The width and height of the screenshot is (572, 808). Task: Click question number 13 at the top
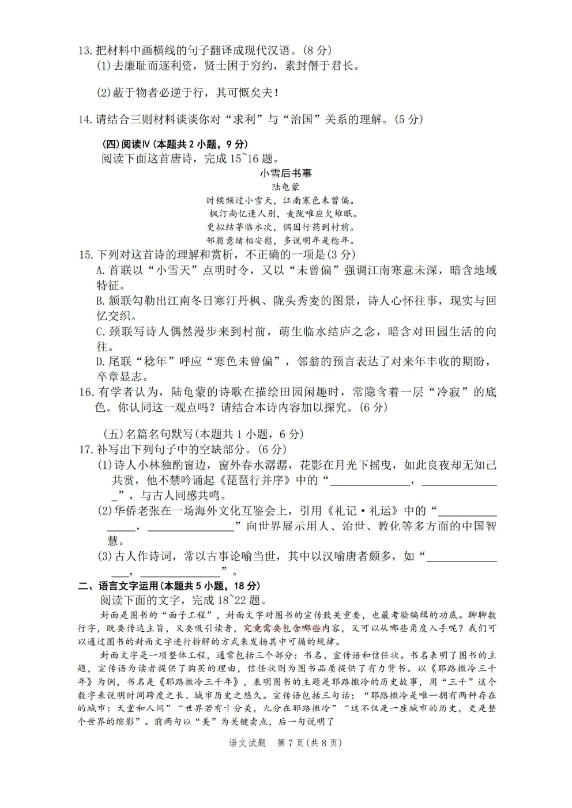(x=85, y=51)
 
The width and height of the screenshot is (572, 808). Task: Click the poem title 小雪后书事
(x=285, y=173)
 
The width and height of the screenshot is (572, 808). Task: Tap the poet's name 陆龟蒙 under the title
(x=285, y=187)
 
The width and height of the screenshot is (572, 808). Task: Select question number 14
(x=85, y=119)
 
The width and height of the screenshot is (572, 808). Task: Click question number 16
(x=85, y=392)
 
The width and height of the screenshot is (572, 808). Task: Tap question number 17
(x=85, y=449)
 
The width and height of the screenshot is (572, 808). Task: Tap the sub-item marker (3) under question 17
(x=104, y=556)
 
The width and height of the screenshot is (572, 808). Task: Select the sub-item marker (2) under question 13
(x=103, y=92)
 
